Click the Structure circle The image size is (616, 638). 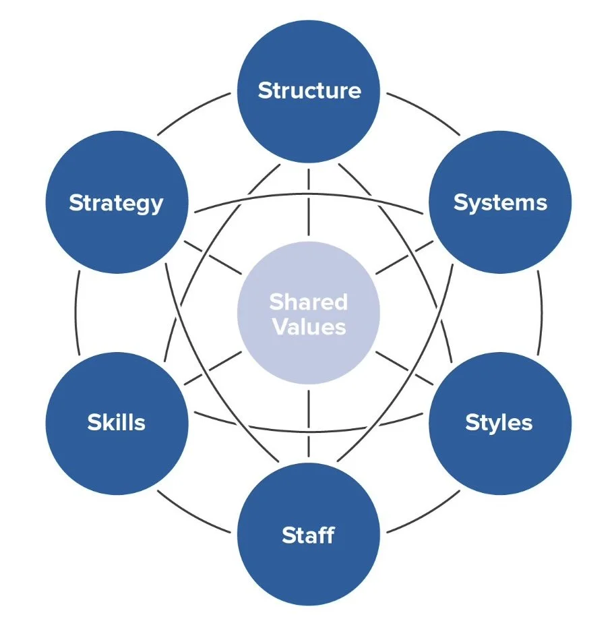[x=309, y=90]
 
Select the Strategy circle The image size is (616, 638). [x=117, y=202]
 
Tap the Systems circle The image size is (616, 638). [x=500, y=202]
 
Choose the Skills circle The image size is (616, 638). [x=117, y=423]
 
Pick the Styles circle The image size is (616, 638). [x=500, y=423]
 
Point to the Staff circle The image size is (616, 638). [x=309, y=535]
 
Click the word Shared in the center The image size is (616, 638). [x=309, y=301]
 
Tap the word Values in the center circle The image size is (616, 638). [x=309, y=327]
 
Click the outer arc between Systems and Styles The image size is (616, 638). [x=541, y=313]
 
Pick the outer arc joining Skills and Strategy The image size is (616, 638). [x=77, y=313]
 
